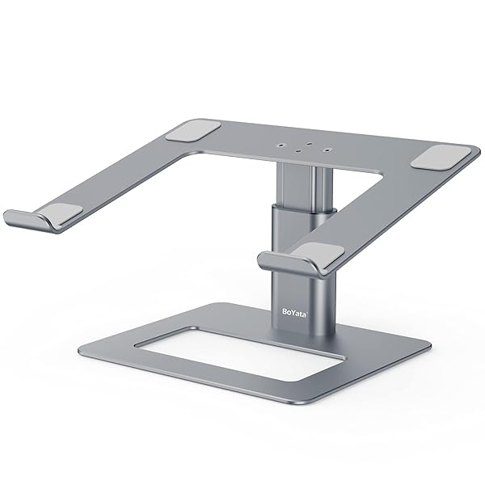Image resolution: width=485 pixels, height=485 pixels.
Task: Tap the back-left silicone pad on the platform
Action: [198, 131]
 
